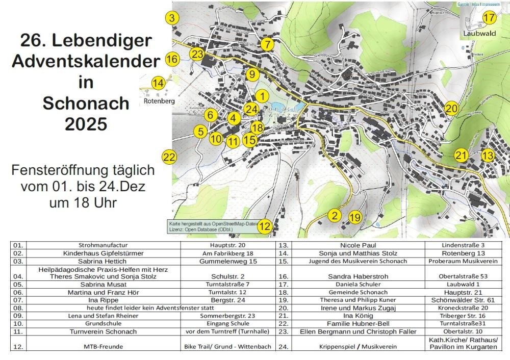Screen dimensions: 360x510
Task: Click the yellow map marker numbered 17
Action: click(x=489, y=17)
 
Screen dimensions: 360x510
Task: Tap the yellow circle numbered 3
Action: click(x=172, y=18)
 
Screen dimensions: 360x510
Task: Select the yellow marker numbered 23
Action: click(x=197, y=54)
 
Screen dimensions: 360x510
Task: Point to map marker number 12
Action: click(x=264, y=226)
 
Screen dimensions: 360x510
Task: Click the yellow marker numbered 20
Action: click(x=451, y=108)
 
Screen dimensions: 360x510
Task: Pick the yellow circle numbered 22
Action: click(x=168, y=157)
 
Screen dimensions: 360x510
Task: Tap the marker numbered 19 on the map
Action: click(x=355, y=218)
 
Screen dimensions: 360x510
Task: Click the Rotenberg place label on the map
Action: click(x=159, y=101)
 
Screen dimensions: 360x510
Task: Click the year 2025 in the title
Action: click(x=86, y=123)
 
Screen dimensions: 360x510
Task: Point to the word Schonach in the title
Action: click(x=86, y=103)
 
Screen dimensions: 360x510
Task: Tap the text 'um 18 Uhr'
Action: click(x=83, y=202)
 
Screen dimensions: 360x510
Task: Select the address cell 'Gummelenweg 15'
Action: click(x=228, y=261)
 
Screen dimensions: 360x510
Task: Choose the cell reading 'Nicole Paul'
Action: click(x=350, y=245)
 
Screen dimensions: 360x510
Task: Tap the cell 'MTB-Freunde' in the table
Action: click(x=96, y=347)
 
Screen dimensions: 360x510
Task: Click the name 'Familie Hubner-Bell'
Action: click(x=350, y=324)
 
